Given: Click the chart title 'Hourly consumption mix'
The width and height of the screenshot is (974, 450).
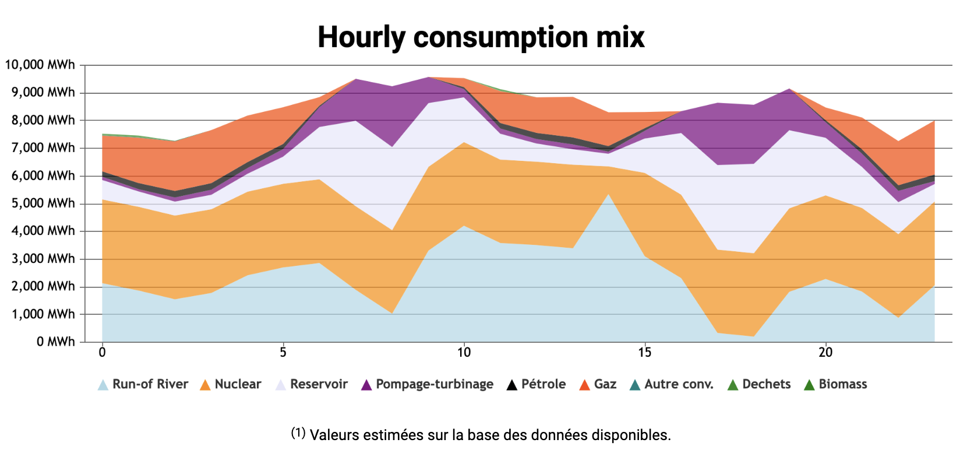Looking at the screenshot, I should (x=481, y=37).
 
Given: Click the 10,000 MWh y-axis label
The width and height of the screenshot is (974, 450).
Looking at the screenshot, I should (x=40, y=65).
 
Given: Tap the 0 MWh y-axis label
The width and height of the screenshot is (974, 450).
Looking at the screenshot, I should (x=55, y=342).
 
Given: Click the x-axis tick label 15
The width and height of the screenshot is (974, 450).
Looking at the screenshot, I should (x=644, y=352).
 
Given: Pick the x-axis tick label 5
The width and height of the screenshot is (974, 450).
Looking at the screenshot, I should (x=283, y=352).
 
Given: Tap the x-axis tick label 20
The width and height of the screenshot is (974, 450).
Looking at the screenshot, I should (x=825, y=352).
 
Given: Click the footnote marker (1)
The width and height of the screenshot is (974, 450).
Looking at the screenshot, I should (x=298, y=433).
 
